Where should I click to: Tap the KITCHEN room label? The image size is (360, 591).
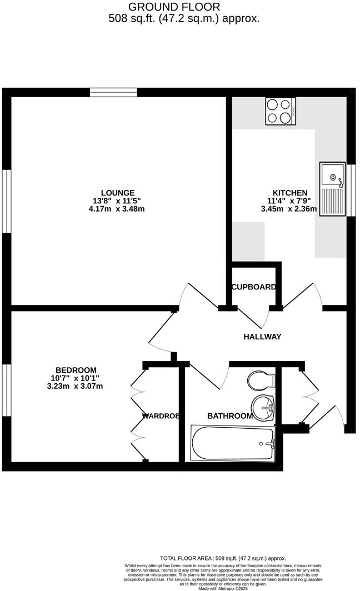(287, 193)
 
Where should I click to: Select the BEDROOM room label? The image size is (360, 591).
(76, 370)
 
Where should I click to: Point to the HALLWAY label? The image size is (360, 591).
(262, 337)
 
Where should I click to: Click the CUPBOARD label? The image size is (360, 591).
(253, 287)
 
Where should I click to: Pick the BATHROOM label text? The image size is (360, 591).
(230, 415)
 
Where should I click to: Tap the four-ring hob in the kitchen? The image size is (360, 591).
(281, 111)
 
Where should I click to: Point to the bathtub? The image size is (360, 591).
(232, 443)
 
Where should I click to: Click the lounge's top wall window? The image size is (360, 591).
(113, 92)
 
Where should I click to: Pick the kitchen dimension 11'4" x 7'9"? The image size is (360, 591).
(288, 201)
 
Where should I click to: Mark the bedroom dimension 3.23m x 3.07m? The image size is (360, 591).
(76, 386)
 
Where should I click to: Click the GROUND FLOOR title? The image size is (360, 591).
(174, 7)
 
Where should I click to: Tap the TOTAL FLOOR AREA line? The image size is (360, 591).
(222, 558)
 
